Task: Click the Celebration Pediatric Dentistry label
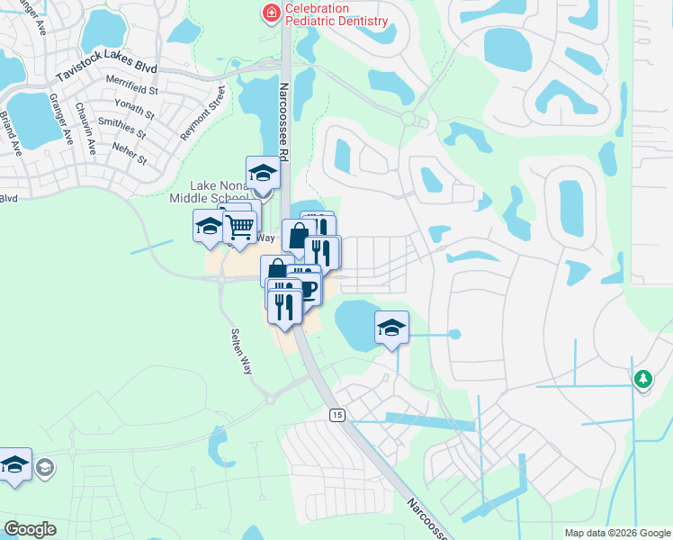click(336, 14)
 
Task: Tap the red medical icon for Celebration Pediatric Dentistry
click(270, 13)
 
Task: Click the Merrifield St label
click(130, 90)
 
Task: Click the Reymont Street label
click(202, 113)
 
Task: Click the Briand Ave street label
click(10, 133)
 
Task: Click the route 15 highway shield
click(336, 414)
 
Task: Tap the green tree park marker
click(642, 380)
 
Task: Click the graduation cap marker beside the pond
click(391, 328)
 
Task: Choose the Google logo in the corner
click(30, 529)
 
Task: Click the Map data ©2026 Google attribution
click(617, 533)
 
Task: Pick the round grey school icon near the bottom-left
click(45, 467)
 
